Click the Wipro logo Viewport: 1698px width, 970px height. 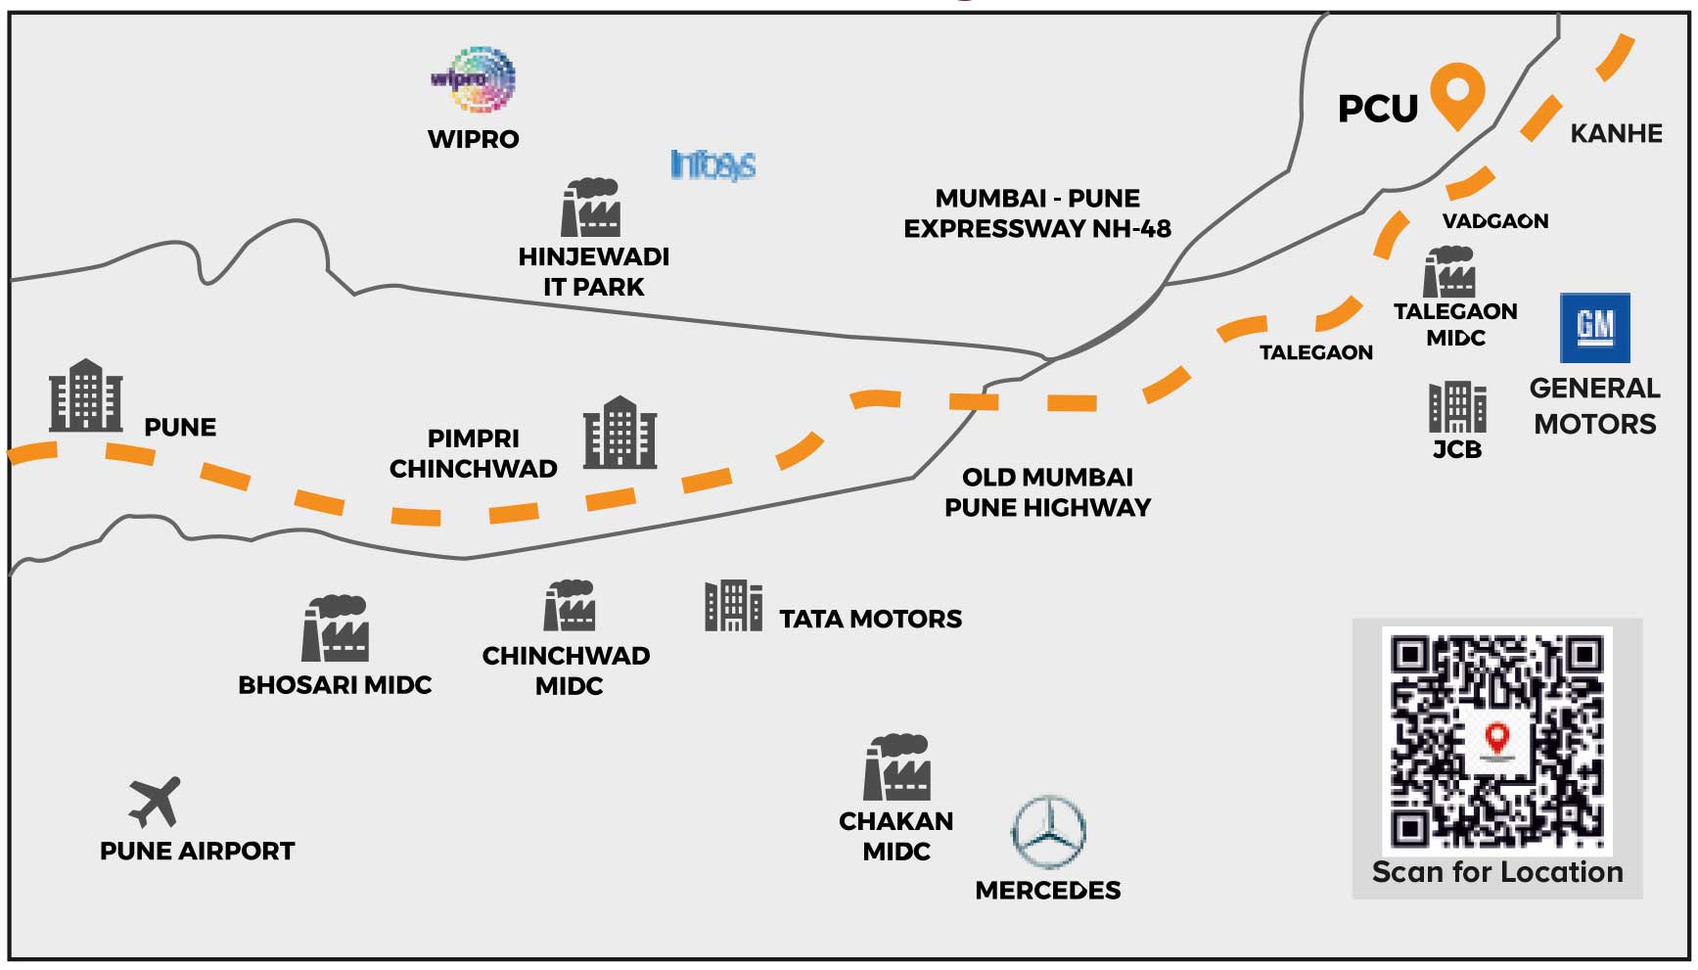pos(475,79)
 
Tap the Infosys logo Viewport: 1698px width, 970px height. pos(712,164)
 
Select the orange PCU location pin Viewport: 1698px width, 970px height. pos(1457,93)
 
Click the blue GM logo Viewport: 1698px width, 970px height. pos(1594,328)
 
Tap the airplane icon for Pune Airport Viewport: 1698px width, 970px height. pos(156,802)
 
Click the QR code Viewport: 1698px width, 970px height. pos(1496,741)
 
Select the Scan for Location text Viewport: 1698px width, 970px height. pos(1496,872)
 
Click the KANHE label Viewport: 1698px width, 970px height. pos(1616,134)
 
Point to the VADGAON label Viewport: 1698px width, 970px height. pos(1494,221)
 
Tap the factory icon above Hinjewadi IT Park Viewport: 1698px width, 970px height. pos(590,208)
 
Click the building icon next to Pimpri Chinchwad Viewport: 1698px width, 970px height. pos(620,433)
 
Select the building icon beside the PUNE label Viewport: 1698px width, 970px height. pos(86,395)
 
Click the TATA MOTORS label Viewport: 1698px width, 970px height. pos(870,619)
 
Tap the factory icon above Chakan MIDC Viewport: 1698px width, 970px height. pos(896,768)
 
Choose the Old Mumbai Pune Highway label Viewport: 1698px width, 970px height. pos(1047,492)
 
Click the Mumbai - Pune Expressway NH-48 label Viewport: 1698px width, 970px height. pos(1037,213)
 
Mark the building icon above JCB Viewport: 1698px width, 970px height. pos(1457,407)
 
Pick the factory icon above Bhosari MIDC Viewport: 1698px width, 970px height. pos(336,628)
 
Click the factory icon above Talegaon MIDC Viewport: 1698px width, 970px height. pos(1449,272)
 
